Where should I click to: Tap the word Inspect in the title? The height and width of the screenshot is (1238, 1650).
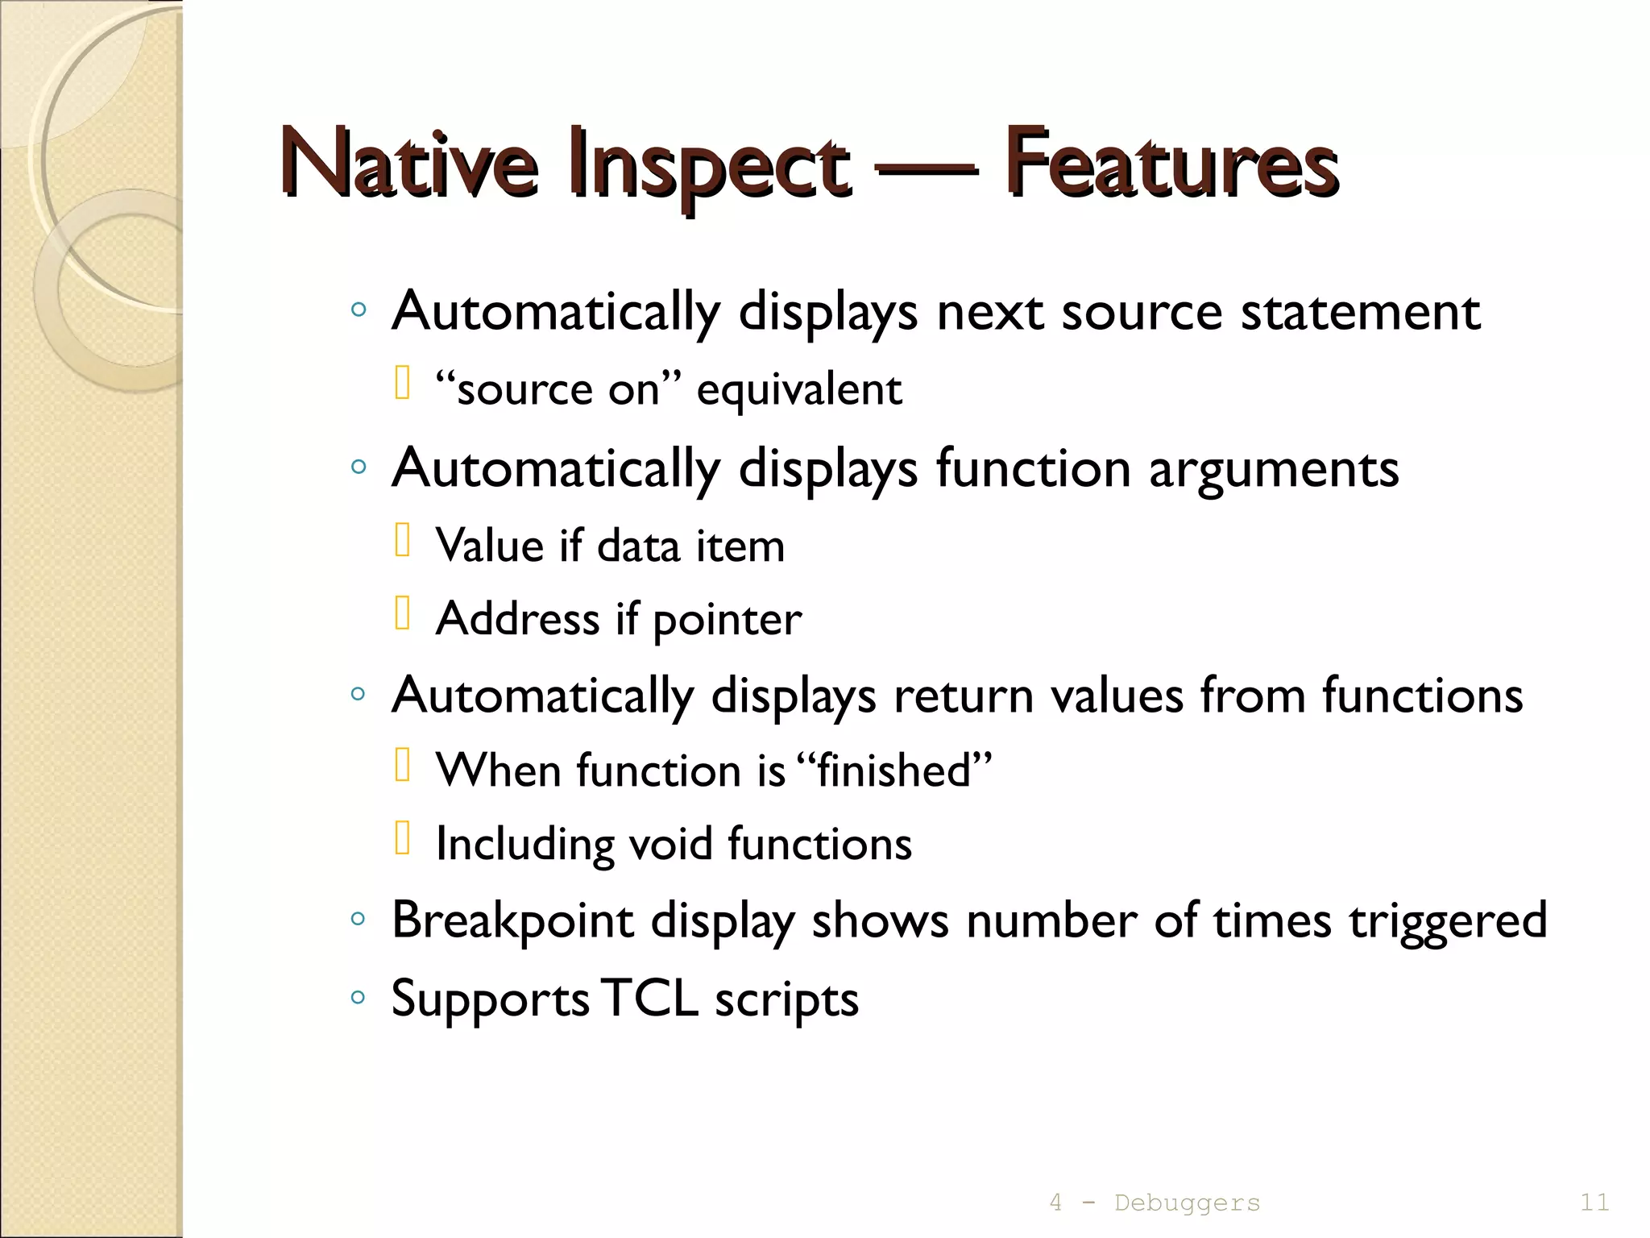click(709, 165)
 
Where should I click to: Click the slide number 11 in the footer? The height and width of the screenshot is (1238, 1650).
click(1594, 1203)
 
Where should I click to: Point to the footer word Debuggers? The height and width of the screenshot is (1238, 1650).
click(1187, 1203)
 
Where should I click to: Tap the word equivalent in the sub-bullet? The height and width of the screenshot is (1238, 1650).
click(799, 390)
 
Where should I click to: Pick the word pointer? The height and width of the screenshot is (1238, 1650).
click(727, 620)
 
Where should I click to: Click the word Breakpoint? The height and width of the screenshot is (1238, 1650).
click(512, 920)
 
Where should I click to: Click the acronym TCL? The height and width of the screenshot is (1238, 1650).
click(649, 998)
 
